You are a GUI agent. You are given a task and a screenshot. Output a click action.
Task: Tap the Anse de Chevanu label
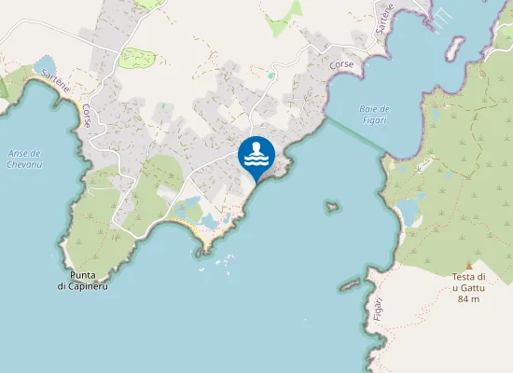point(23,159)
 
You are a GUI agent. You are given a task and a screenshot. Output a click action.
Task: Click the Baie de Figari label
point(374,114)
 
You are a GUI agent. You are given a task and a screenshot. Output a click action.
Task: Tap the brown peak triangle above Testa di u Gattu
point(469,265)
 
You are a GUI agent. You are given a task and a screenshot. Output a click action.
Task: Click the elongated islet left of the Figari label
point(350,283)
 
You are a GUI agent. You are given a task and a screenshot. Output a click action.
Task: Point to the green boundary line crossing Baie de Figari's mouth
point(354,136)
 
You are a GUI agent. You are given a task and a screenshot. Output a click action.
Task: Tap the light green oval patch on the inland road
point(137,57)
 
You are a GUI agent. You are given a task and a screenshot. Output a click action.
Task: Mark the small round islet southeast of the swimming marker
point(330,206)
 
